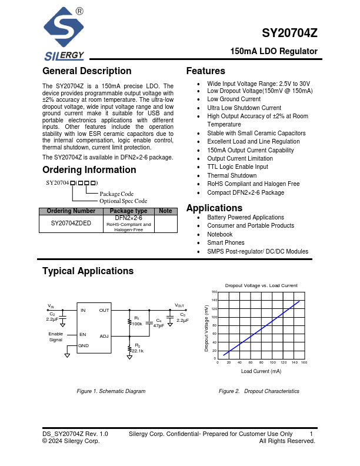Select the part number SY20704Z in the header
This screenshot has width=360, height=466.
pos(290,34)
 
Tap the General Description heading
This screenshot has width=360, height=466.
pos(86,71)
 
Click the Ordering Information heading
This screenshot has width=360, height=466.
pos(89,170)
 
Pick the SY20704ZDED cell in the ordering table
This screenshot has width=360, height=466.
pos(71,224)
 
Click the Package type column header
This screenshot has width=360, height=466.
pos(128,211)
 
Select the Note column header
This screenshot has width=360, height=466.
pos(165,211)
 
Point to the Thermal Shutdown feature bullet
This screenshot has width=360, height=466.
pos(232,175)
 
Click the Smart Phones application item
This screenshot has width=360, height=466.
pos(226,242)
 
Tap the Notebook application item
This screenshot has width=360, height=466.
pos(220,234)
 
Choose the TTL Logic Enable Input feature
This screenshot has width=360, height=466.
pos(237,167)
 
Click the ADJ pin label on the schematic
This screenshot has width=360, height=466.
pos(104,337)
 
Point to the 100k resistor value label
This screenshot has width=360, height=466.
pos(137,324)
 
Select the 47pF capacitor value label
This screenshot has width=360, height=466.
pos(159,325)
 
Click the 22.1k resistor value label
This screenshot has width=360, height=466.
pos(138,351)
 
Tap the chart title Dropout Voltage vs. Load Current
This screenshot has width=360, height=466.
pos(261,285)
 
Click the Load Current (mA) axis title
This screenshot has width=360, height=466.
pos(261,371)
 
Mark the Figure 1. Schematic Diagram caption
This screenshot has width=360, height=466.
pos(111,391)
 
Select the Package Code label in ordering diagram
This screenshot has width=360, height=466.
pos(116,194)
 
